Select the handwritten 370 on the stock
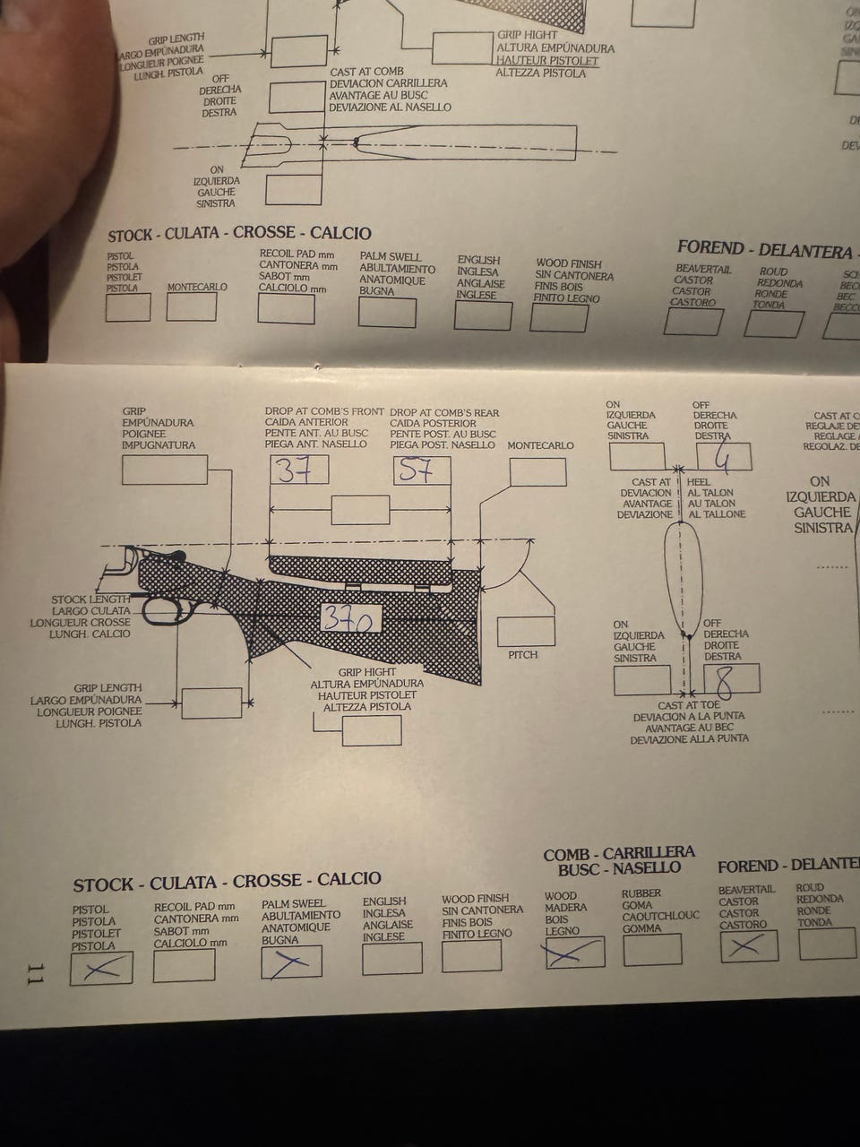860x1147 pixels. pyautogui.click(x=350, y=618)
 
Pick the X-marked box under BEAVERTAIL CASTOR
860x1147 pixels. pyautogui.click(x=748, y=944)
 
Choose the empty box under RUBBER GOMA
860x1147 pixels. pyautogui.click(x=651, y=949)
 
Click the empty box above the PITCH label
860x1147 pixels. pyautogui.click(x=525, y=631)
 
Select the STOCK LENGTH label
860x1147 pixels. pyautogui.click(x=90, y=599)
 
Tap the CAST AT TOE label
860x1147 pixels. pyautogui.click(x=688, y=705)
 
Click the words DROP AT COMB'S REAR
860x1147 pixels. pyautogui.click(x=444, y=412)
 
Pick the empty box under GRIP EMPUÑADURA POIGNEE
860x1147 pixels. pyautogui.click(x=164, y=470)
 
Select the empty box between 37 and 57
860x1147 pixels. pyautogui.click(x=360, y=510)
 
